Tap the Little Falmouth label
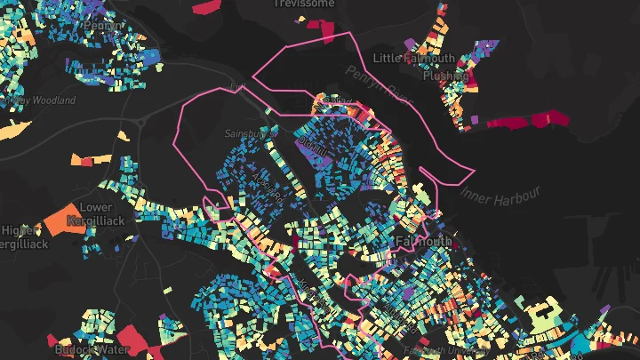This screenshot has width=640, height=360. [x=414, y=59]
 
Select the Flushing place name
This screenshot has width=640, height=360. [x=445, y=76]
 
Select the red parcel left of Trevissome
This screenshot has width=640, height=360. [x=205, y=7]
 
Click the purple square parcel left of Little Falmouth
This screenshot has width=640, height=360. [x=409, y=43]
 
